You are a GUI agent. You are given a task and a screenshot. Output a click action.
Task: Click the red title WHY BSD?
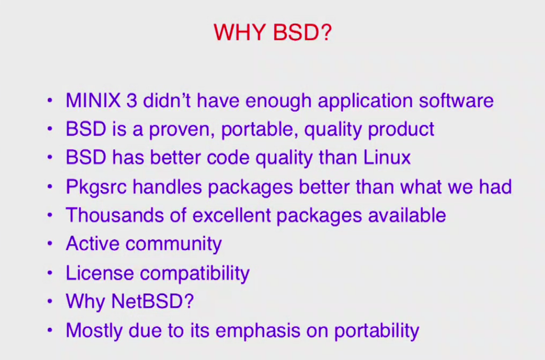pos(273,32)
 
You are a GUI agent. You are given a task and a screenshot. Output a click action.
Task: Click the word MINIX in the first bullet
pos(93,100)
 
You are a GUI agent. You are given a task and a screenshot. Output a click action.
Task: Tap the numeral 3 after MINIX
pos(132,100)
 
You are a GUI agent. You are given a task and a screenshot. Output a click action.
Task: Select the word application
pos(366,101)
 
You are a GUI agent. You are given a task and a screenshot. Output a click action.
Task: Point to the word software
pos(456,100)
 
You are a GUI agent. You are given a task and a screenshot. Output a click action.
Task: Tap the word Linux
pos(387,157)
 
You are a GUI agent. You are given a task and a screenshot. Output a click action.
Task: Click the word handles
pos(167,187)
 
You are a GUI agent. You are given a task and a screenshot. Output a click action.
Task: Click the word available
pos(406,215)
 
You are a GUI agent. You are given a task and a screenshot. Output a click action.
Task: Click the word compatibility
pos(195,274)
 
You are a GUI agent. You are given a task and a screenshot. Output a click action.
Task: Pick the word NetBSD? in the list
pos(152,301)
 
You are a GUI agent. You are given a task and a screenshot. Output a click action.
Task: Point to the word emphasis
pos(258,331)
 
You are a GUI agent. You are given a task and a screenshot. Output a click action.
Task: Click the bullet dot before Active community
pos(50,243)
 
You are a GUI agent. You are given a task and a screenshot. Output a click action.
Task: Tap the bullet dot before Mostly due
pos(50,330)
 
